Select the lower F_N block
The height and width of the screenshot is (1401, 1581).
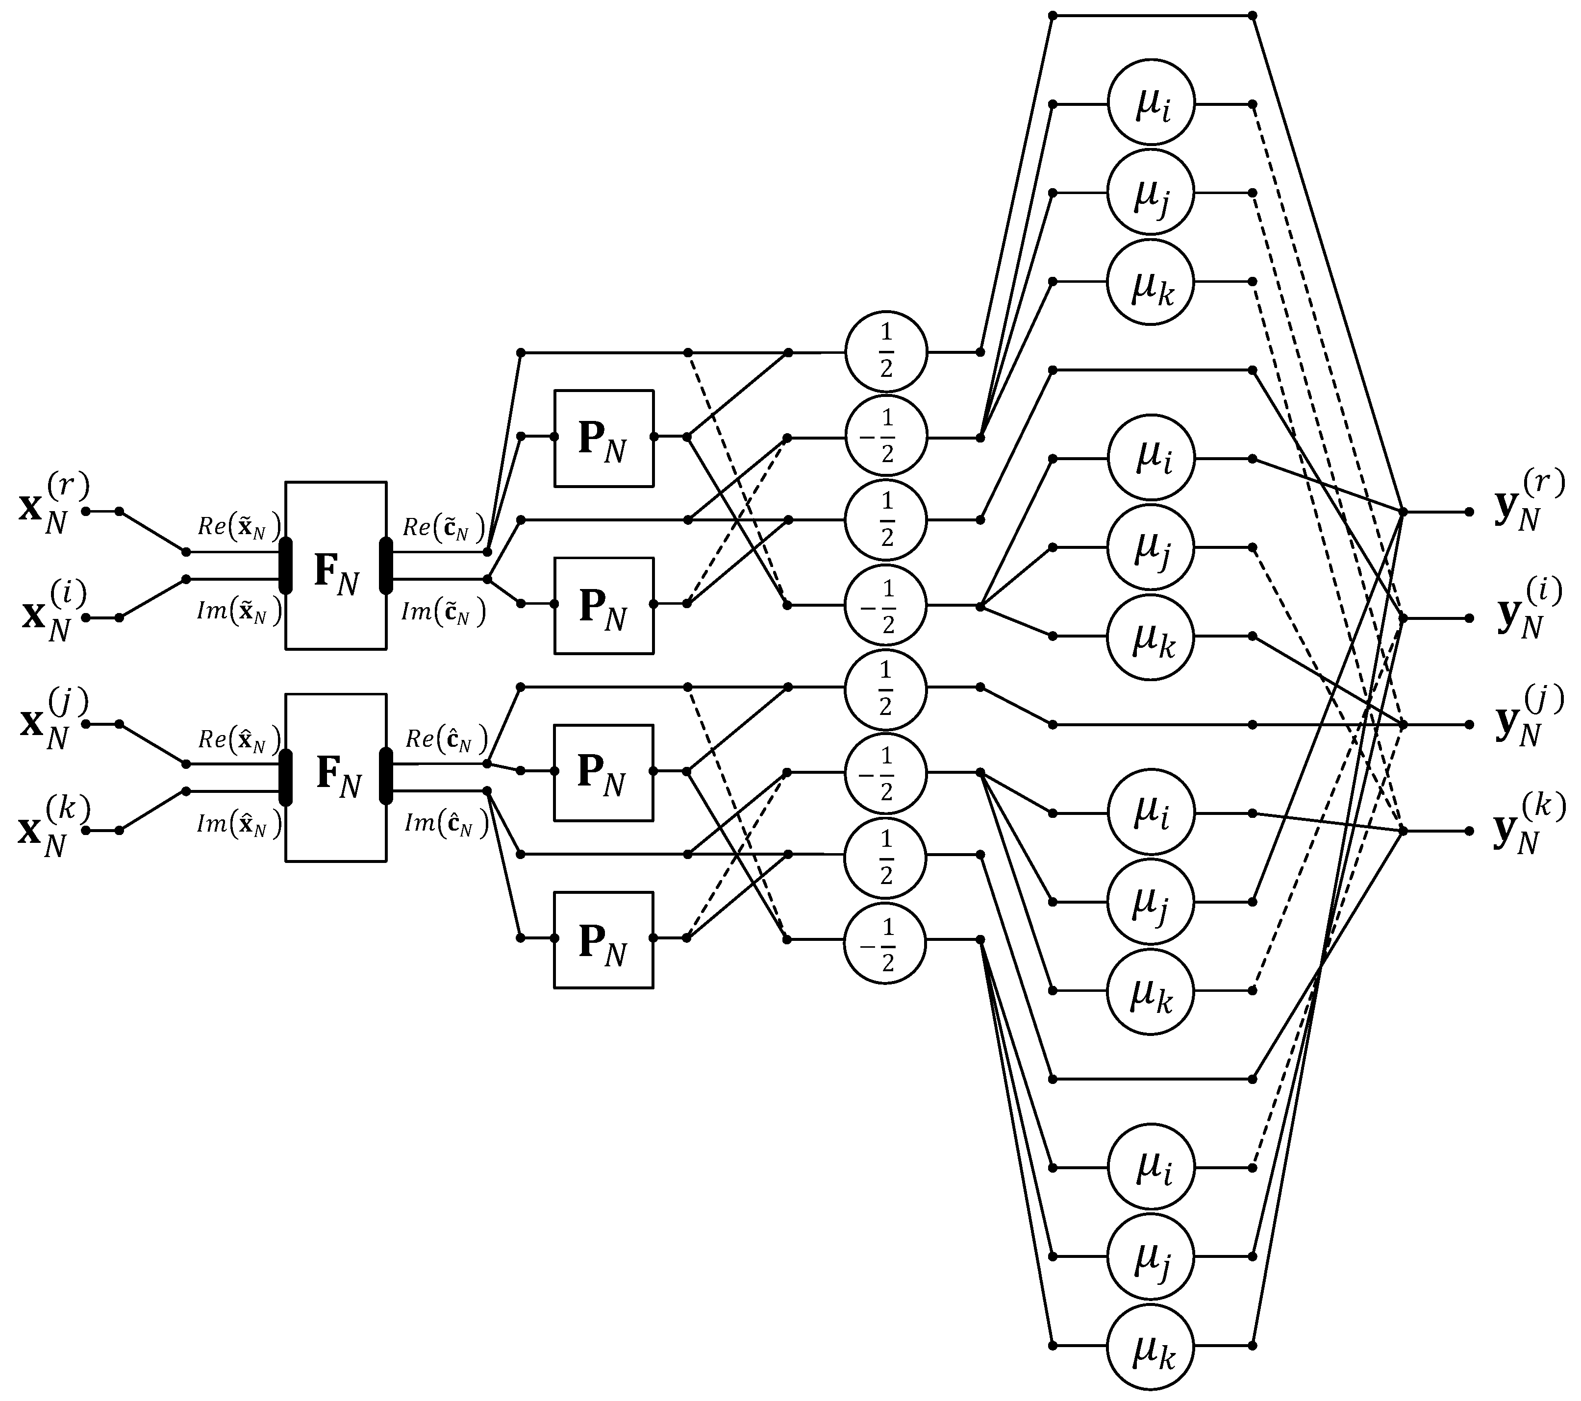point(336,777)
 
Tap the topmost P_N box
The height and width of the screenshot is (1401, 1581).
point(603,439)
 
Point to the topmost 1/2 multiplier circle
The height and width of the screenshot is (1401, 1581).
point(886,352)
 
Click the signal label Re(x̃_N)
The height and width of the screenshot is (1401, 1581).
point(239,527)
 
